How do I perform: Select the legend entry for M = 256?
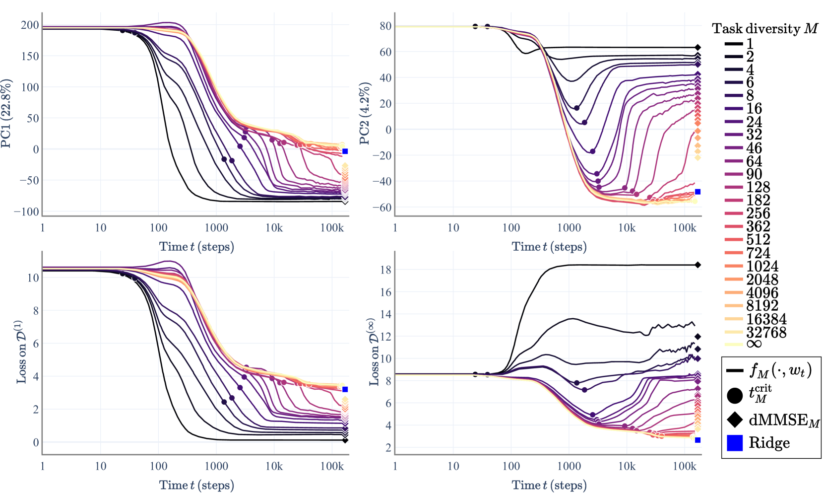point(758,213)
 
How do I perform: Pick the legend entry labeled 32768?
point(766,332)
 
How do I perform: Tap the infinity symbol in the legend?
point(754,344)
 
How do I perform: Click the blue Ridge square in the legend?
point(734,443)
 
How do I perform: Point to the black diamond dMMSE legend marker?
point(734,420)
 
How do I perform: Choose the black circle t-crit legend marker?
point(734,395)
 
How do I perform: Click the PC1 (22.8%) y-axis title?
point(6,113)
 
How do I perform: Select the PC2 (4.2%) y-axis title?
point(365,113)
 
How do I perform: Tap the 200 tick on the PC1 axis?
point(30,25)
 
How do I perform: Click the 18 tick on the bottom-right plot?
point(385,270)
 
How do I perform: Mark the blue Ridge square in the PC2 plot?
point(697,192)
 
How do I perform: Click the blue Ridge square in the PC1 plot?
point(345,151)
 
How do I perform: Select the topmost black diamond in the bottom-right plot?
point(697,265)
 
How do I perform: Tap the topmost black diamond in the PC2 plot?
point(697,48)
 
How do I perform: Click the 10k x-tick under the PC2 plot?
point(627,228)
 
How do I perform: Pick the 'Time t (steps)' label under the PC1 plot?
point(196,247)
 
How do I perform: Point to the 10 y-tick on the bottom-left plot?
point(33,278)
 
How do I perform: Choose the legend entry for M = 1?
point(750,44)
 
